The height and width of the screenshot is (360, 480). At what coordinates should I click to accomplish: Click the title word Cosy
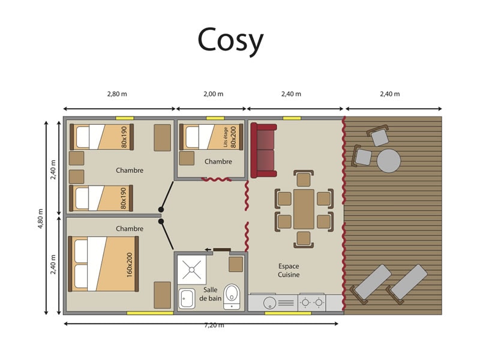(x=230, y=40)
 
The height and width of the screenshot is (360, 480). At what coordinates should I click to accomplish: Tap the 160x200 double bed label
(x=130, y=265)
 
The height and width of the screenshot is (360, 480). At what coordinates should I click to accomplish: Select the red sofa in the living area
(x=263, y=151)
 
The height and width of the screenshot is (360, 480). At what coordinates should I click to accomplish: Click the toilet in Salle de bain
(x=232, y=296)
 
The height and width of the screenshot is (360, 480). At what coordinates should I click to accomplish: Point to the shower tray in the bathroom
(x=191, y=269)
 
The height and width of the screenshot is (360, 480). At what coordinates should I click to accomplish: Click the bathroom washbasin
(x=187, y=298)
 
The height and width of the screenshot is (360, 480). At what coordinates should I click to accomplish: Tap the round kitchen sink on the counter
(x=269, y=303)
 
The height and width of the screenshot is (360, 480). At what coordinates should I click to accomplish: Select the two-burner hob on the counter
(x=312, y=303)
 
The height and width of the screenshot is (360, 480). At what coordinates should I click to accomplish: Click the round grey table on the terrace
(x=388, y=161)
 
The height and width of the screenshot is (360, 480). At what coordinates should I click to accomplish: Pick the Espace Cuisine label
(x=289, y=271)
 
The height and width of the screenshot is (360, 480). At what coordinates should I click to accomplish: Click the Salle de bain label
(x=210, y=294)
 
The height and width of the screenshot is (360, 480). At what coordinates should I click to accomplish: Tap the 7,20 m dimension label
(x=214, y=326)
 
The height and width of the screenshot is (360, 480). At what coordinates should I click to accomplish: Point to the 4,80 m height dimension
(x=40, y=218)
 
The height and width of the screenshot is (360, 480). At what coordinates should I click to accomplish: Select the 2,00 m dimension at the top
(x=214, y=94)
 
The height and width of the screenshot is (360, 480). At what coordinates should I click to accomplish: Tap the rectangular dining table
(x=304, y=209)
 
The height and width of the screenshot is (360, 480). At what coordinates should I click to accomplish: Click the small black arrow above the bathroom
(x=208, y=250)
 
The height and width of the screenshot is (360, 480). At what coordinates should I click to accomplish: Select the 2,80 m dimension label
(x=117, y=94)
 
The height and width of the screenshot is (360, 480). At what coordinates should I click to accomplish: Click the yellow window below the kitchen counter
(x=288, y=313)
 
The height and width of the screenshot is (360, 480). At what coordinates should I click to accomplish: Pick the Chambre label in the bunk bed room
(x=218, y=161)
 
